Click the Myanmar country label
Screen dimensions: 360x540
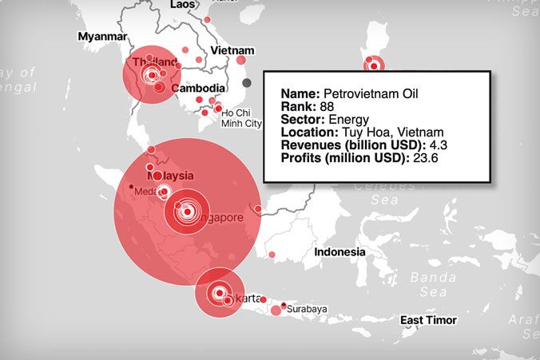(102, 37)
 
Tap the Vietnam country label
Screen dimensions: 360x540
(232, 49)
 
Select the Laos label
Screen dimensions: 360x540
(182, 5)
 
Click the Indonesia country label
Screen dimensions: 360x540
(339, 251)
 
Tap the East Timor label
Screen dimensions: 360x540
(428, 320)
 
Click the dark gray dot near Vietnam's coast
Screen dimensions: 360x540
(247, 82)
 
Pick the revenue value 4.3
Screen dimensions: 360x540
(432, 144)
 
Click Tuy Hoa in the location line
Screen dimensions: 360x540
(364, 132)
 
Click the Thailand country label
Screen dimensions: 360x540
(154, 62)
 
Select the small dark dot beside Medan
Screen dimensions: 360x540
(131, 187)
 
